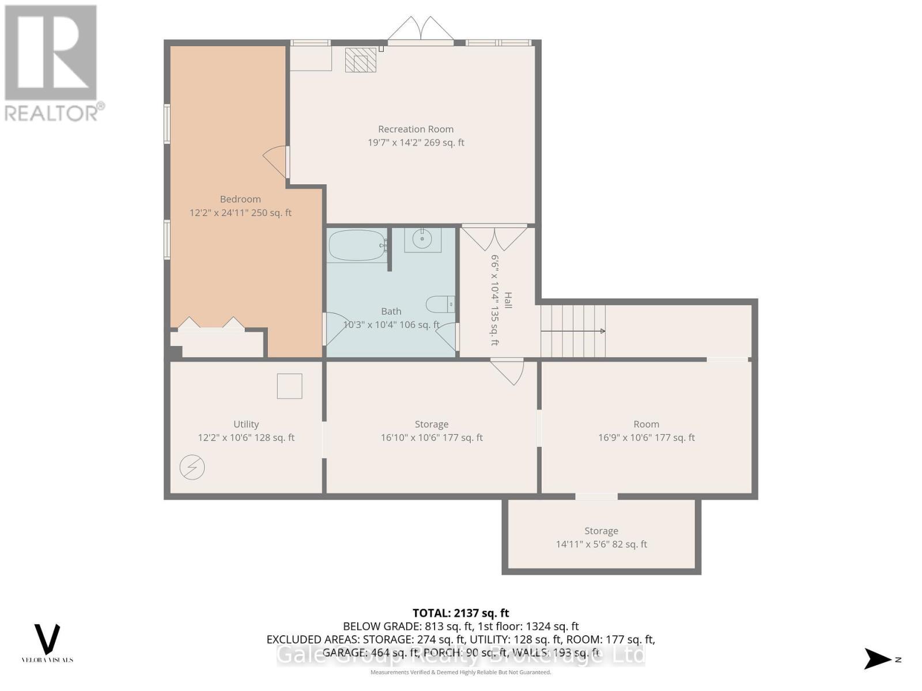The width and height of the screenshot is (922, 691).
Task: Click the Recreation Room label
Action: (x=415, y=129)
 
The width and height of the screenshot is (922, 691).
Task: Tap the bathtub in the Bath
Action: (x=357, y=246)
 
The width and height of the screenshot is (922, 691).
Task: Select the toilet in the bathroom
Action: (x=440, y=303)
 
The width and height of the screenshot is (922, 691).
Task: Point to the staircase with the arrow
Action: (x=573, y=331)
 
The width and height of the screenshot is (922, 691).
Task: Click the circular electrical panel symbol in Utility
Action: (x=192, y=467)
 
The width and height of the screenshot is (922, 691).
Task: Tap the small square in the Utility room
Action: (x=289, y=386)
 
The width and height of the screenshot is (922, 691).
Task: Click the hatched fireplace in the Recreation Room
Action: (x=361, y=60)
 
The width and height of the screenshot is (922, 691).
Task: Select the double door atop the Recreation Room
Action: (x=421, y=30)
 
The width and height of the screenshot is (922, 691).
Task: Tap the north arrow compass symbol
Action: (x=878, y=659)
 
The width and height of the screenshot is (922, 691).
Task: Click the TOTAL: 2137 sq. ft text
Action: (x=460, y=613)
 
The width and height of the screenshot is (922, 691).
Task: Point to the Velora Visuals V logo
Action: (x=47, y=639)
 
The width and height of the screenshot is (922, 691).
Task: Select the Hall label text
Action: (x=508, y=300)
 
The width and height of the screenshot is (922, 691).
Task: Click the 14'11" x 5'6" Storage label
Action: (x=601, y=544)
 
